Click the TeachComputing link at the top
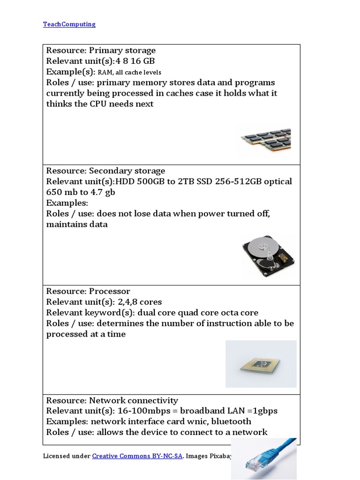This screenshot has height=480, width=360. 69,24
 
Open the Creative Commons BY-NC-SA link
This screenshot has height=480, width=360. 137,456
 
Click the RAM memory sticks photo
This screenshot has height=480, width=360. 266,140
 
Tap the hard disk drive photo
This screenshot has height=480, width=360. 269,257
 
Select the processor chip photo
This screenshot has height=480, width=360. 261,364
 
